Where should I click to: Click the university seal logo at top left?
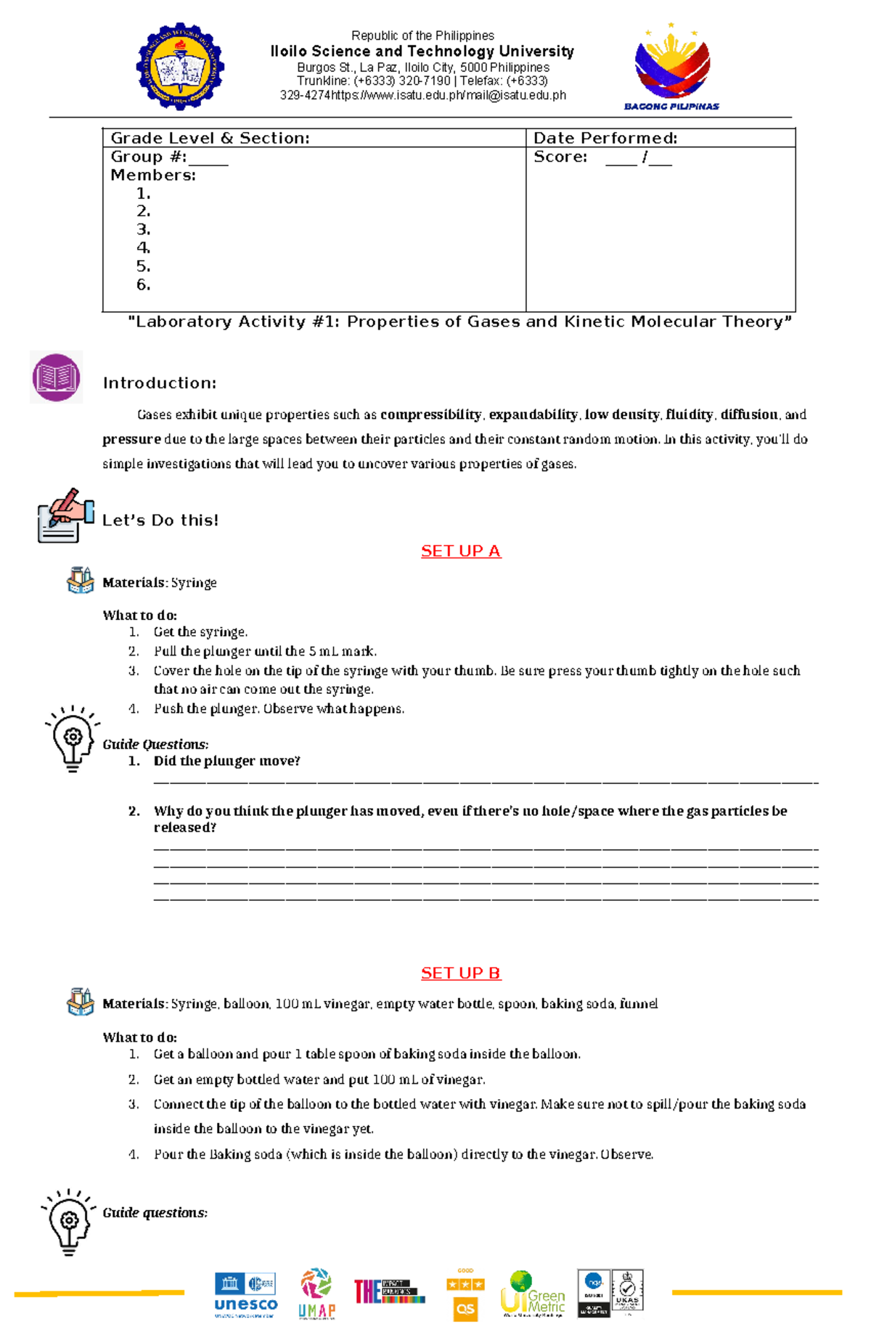tap(180, 66)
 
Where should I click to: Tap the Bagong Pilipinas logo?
tap(672, 67)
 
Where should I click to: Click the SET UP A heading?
tap(461, 551)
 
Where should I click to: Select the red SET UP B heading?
tap(461, 973)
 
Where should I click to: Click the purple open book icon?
tap(56, 377)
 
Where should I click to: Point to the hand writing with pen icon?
tap(65, 515)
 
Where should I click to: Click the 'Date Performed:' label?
tap(605, 138)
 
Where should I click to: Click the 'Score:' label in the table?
tap(560, 157)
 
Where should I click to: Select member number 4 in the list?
tap(144, 248)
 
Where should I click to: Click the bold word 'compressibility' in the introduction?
tap(430, 414)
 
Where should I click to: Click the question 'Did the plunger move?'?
tap(226, 761)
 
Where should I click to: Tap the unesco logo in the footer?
tap(245, 1295)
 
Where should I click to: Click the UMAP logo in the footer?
tap(316, 1294)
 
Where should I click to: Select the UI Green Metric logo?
tap(533, 1294)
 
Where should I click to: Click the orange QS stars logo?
tap(465, 1295)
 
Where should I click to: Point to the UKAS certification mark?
tap(627, 1292)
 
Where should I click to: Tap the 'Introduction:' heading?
tap(160, 383)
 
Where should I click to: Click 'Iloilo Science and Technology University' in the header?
tap(422, 52)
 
